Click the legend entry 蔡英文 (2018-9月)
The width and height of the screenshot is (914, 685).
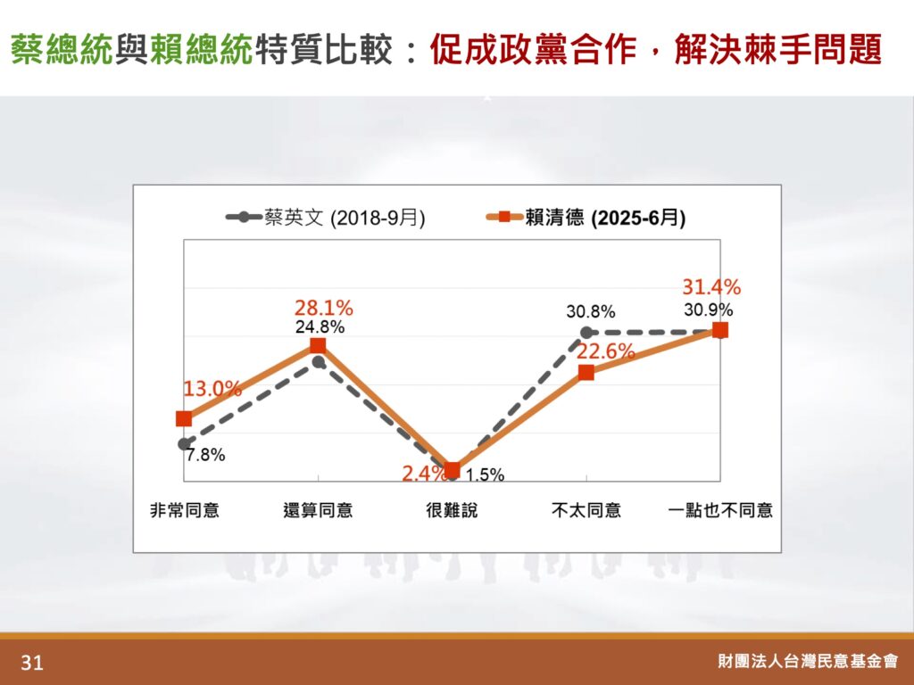tap(325, 218)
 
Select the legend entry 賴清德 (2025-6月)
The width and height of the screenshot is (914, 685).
tap(586, 218)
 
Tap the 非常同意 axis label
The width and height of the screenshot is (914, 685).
tap(184, 510)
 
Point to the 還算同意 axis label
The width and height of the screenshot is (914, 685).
tap(318, 510)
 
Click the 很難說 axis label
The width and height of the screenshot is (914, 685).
tap(452, 510)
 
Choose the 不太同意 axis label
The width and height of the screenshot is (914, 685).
tap(586, 510)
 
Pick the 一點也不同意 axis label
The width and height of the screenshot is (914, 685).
tap(720, 510)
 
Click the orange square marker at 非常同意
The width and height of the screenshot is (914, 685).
tap(184, 419)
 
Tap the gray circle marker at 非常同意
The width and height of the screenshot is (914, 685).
tap(184, 444)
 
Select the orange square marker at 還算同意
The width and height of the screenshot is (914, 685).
tap(318, 346)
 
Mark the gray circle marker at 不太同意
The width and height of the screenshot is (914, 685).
tap(586, 333)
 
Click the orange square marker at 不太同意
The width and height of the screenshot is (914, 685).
tap(586, 373)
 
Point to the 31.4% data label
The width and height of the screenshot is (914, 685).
tap(711, 286)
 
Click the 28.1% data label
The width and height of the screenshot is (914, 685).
tap(323, 308)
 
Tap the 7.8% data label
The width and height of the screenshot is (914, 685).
tap(206, 454)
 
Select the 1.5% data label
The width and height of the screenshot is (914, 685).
tap(485, 475)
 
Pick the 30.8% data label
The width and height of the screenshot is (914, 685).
tap(591, 312)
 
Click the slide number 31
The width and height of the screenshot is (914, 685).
tap(31, 663)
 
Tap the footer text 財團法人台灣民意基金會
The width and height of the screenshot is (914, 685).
tap(808, 661)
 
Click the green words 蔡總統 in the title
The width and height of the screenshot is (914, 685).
tap(62, 49)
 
